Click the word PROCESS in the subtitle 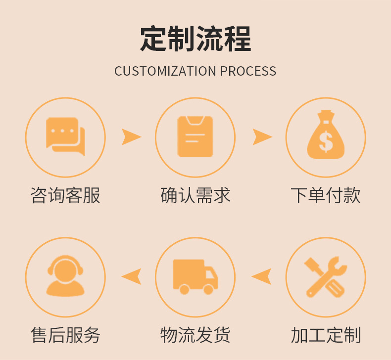[x=248, y=71]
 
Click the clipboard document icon [x=195, y=136]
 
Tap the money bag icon [x=326, y=135]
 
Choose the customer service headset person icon [x=65, y=276]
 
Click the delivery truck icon [x=195, y=276]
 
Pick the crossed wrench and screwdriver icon [x=326, y=276]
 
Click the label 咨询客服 [x=65, y=195]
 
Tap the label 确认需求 [x=195, y=195]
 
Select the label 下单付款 [x=326, y=195]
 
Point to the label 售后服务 [x=65, y=335]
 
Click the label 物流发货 [x=195, y=335]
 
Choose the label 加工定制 [x=326, y=335]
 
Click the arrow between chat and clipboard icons [x=131, y=137]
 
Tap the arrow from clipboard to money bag [x=262, y=137]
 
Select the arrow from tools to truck [x=261, y=276]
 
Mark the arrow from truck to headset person [x=131, y=276]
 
